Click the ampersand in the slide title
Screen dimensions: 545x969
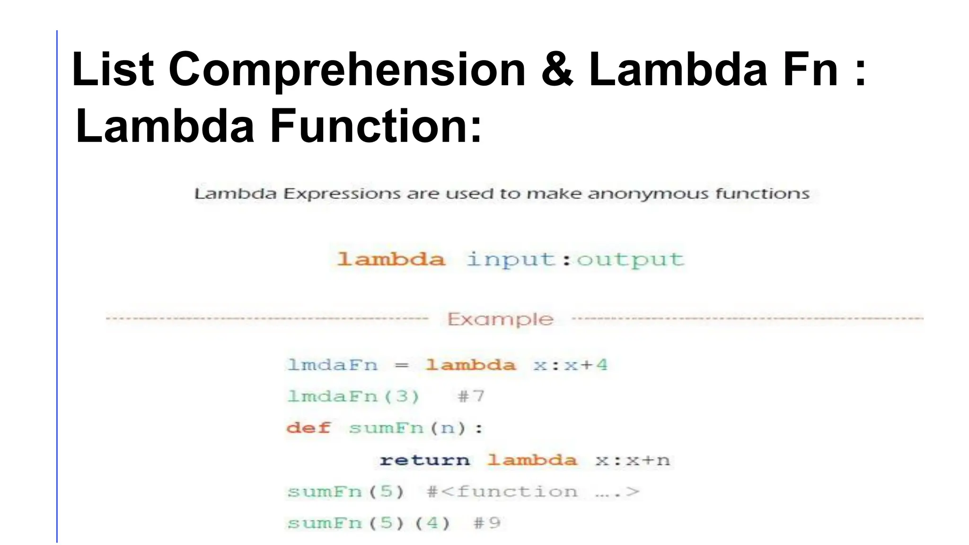coord(557,70)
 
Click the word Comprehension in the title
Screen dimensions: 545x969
coord(347,70)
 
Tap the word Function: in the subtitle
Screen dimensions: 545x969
coord(376,126)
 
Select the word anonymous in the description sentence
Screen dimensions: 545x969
coord(648,193)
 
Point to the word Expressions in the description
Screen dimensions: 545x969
coord(342,193)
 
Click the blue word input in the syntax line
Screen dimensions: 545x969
coord(511,259)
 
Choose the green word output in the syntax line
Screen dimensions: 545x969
coord(630,259)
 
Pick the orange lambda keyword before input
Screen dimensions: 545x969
coord(391,259)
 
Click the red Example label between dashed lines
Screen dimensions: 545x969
coord(500,319)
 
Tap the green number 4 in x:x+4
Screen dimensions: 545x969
coord(601,365)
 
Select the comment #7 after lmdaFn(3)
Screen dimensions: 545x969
coord(471,396)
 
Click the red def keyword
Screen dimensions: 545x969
coord(308,428)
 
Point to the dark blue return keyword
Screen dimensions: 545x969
coord(424,460)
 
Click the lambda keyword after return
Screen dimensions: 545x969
coord(532,460)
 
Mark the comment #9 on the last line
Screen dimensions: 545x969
coord(487,523)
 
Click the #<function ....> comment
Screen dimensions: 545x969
coord(533,492)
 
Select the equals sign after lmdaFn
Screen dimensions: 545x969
coord(401,365)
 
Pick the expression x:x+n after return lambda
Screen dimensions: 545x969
coord(633,460)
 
